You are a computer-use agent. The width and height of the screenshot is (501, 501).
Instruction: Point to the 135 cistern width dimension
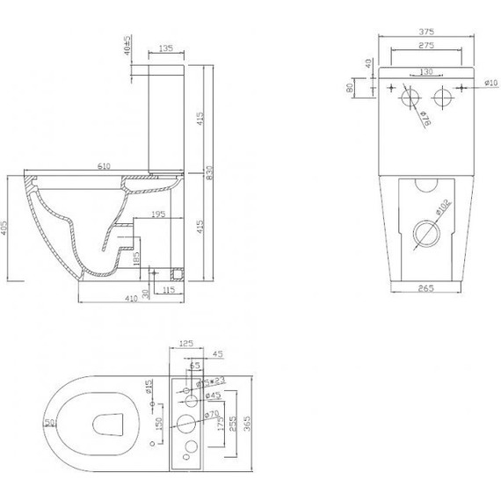tap(165, 48)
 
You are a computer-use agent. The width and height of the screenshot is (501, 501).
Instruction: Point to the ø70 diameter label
tap(211, 412)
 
